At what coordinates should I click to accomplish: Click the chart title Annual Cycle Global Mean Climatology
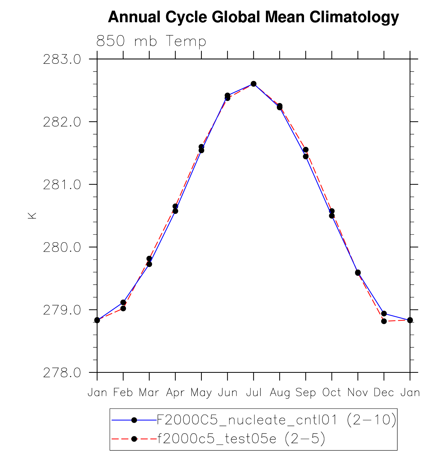(253, 17)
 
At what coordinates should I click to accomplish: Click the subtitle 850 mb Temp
(151, 41)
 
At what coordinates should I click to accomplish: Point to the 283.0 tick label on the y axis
(62, 60)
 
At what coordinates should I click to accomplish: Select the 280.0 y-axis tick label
(62, 247)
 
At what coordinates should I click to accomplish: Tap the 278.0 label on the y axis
(62, 373)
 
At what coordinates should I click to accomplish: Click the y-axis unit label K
(32, 215)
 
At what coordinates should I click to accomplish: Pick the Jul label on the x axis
(254, 393)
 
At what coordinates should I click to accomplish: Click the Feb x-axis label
(123, 393)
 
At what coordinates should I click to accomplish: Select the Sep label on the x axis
(306, 393)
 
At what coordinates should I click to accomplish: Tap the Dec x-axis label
(384, 393)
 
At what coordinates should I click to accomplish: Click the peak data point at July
(254, 84)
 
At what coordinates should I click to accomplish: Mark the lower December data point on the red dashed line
(384, 321)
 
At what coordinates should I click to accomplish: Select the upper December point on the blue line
(384, 313)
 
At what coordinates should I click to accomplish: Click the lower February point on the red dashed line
(123, 308)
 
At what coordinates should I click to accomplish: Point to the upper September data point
(306, 150)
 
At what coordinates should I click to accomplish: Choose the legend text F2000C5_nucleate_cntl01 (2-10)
(276, 420)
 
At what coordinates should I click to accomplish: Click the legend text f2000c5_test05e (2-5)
(241, 438)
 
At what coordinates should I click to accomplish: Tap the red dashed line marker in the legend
(134, 439)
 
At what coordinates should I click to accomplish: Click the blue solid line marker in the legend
(134, 420)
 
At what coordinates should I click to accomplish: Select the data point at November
(358, 273)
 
